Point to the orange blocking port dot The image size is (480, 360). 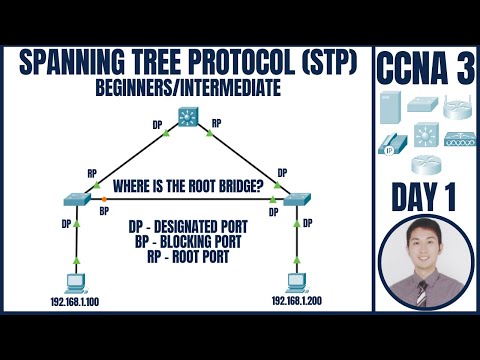point(103,200)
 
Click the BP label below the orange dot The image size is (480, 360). point(103,212)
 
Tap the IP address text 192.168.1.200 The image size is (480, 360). point(296,300)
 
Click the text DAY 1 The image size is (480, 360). point(425,195)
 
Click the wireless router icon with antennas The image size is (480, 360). point(457,108)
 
